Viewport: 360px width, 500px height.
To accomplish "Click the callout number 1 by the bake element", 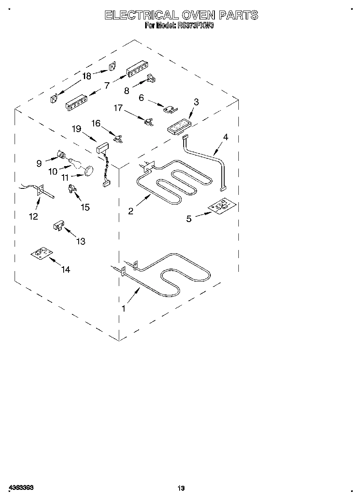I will point(124,308).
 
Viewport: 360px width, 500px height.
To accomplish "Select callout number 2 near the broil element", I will point(131,211).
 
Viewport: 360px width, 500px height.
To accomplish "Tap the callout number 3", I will point(196,102).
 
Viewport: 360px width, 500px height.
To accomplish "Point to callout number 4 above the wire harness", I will point(225,137).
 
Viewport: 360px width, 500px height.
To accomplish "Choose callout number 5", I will point(189,219).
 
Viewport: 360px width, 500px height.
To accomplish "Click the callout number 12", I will point(33,216).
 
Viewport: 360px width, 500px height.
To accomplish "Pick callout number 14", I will point(65,269).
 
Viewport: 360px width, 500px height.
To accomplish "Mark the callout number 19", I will point(76,129).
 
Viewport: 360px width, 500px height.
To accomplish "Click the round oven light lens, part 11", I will point(88,171).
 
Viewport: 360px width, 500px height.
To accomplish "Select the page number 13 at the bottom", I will point(181,488).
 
